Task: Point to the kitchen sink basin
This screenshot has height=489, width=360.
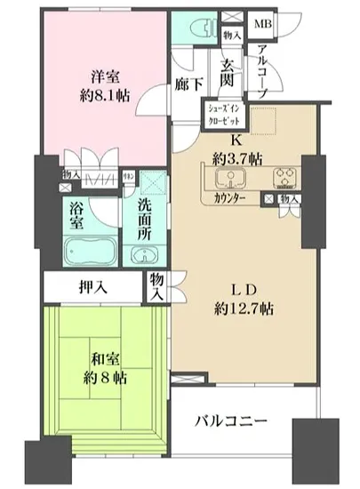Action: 230,178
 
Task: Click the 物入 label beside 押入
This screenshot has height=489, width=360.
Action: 158,285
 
